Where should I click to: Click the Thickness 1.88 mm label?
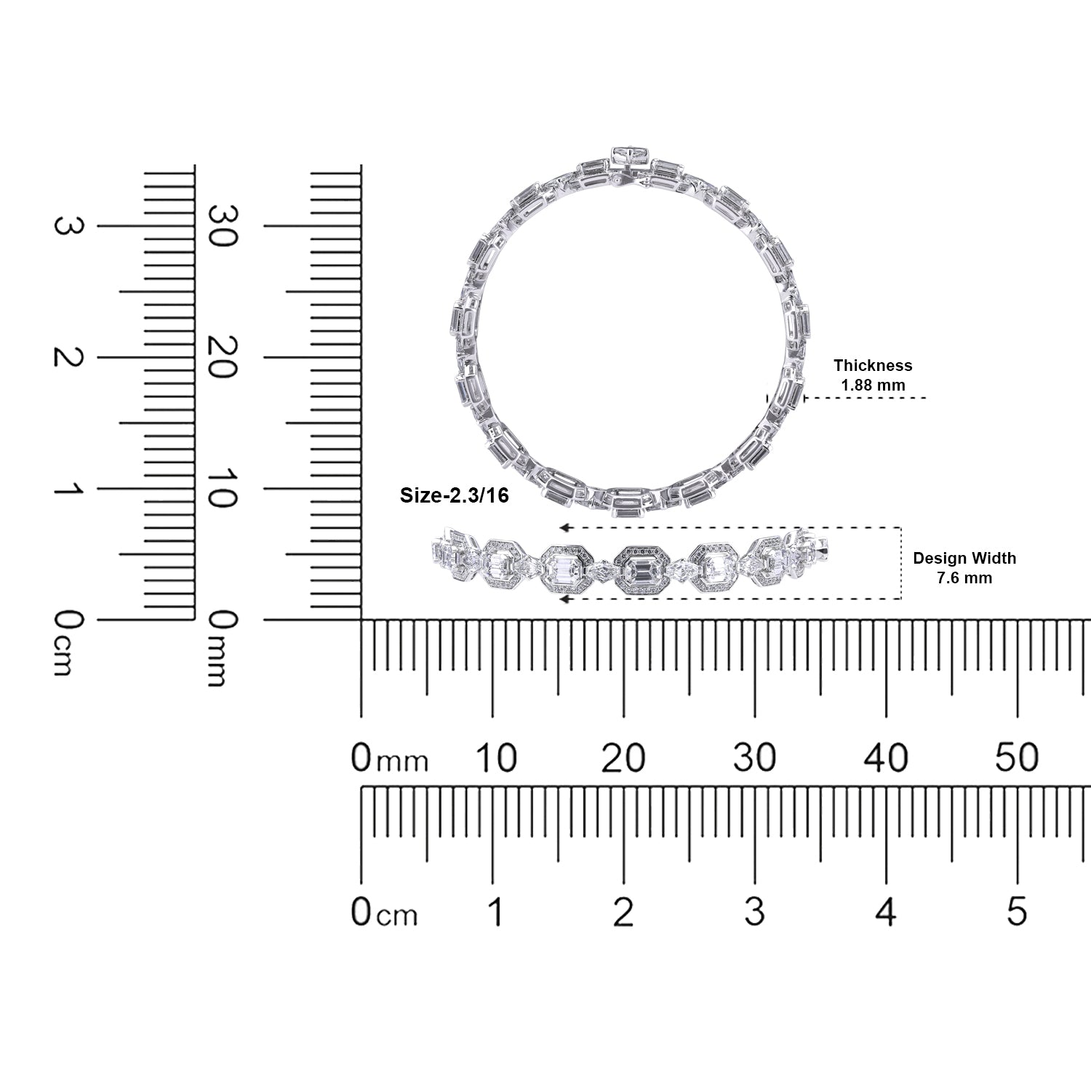pyautogui.click(x=873, y=375)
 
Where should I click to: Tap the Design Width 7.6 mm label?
pyautogui.click(x=964, y=568)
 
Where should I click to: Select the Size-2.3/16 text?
pyautogui.click(x=455, y=496)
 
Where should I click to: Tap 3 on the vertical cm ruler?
pyautogui.click(x=67, y=226)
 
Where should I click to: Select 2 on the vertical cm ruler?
pyautogui.click(x=67, y=357)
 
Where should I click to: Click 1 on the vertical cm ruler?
pyautogui.click(x=67, y=489)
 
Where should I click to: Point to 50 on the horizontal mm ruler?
pyautogui.click(x=1017, y=758)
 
